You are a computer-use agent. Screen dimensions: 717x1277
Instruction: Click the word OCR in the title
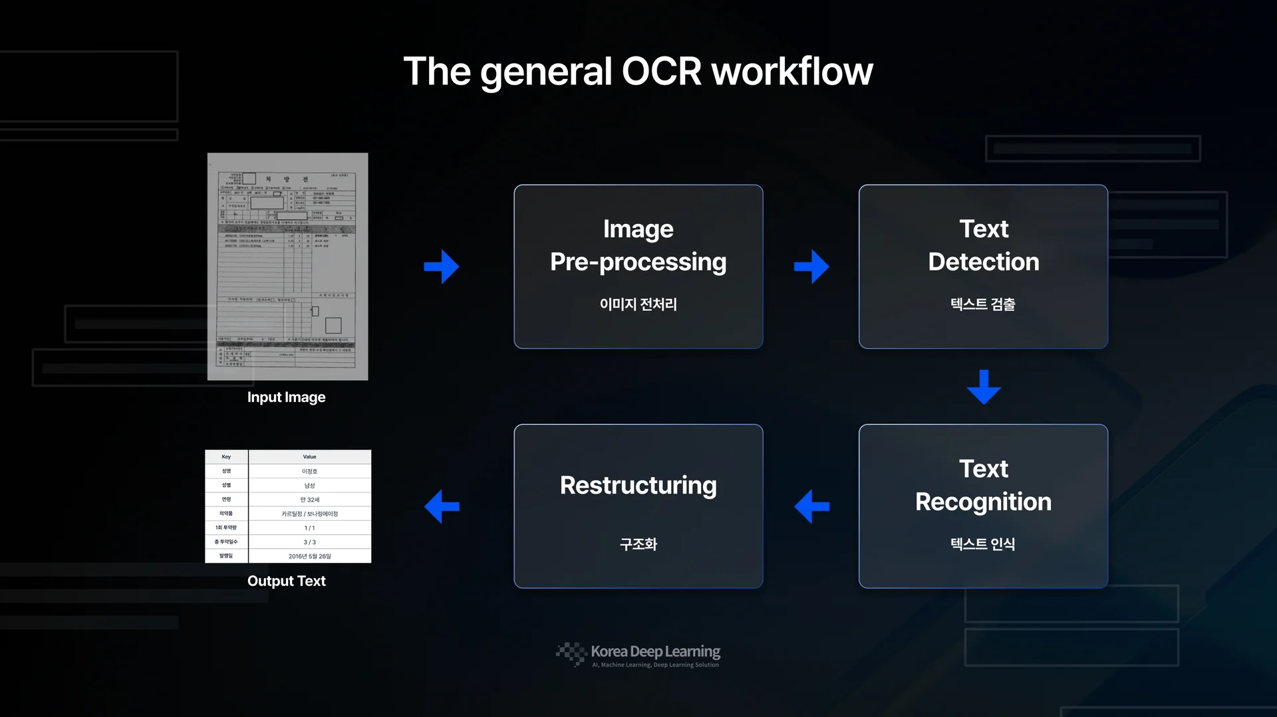(x=661, y=71)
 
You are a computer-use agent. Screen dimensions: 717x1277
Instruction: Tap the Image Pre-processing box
(x=638, y=266)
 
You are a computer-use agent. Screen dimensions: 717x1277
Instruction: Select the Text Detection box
(x=983, y=266)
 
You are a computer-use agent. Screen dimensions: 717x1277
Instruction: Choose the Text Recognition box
(x=983, y=506)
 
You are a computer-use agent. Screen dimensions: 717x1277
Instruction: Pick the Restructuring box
(x=638, y=506)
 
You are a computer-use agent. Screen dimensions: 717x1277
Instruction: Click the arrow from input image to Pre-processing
(x=442, y=266)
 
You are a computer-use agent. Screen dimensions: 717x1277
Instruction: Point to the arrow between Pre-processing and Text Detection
(x=811, y=266)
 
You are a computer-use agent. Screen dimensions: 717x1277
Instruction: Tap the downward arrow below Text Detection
(x=984, y=387)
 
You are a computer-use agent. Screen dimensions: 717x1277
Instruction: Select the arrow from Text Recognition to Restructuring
(x=811, y=506)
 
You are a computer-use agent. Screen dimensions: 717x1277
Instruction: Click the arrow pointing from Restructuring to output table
(x=442, y=506)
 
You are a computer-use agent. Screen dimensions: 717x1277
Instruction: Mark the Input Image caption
(x=286, y=397)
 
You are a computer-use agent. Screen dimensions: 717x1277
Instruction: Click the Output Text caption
(x=286, y=581)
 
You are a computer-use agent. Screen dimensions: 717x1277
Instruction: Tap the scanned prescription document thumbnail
(x=287, y=266)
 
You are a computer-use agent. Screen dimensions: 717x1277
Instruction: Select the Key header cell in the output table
(x=226, y=457)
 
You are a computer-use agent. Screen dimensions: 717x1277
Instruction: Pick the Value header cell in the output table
(x=309, y=457)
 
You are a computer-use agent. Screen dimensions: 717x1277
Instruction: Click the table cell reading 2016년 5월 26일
(x=309, y=556)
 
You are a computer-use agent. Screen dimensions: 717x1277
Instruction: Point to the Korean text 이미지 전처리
(x=638, y=304)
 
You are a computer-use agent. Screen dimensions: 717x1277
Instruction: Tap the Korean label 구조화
(x=638, y=544)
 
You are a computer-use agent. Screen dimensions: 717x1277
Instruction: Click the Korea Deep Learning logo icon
(x=571, y=653)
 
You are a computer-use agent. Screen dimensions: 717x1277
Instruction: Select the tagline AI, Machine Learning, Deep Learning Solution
(x=655, y=665)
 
